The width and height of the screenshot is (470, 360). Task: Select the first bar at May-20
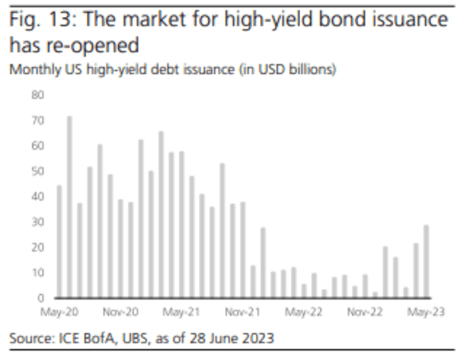(59, 242)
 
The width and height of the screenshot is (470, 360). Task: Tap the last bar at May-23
(426, 261)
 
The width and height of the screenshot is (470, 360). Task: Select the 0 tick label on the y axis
(40, 298)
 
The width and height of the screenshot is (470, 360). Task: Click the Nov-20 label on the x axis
(121, 312)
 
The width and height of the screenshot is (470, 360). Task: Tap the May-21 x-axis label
(182, 312)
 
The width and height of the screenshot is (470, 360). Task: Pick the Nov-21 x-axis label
(243, 312)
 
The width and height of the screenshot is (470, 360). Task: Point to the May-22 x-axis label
(304, 312)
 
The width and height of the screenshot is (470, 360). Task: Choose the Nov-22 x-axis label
(365, 312)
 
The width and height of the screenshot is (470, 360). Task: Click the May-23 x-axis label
(426, 312)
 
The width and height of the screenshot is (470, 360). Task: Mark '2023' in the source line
(258, 338)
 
